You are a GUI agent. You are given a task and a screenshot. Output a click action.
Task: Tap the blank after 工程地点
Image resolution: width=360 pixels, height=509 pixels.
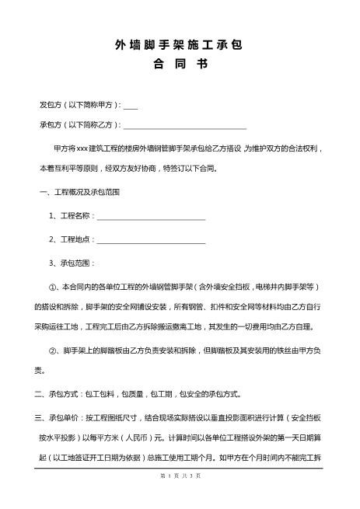point(150,241)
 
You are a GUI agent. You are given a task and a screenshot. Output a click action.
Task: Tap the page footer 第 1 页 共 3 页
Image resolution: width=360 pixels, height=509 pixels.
point(180,498)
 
